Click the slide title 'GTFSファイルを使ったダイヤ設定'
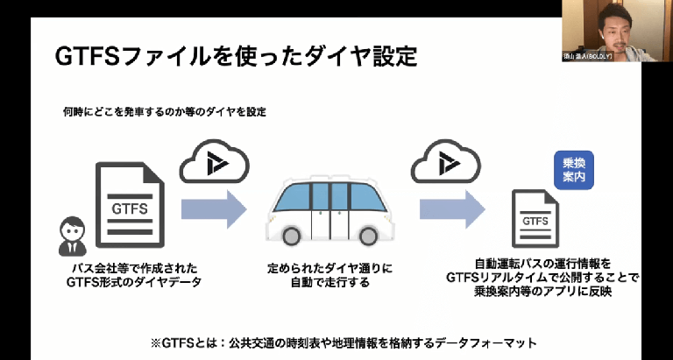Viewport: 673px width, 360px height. point(236,57)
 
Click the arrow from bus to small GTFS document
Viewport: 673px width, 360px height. point(450,209)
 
